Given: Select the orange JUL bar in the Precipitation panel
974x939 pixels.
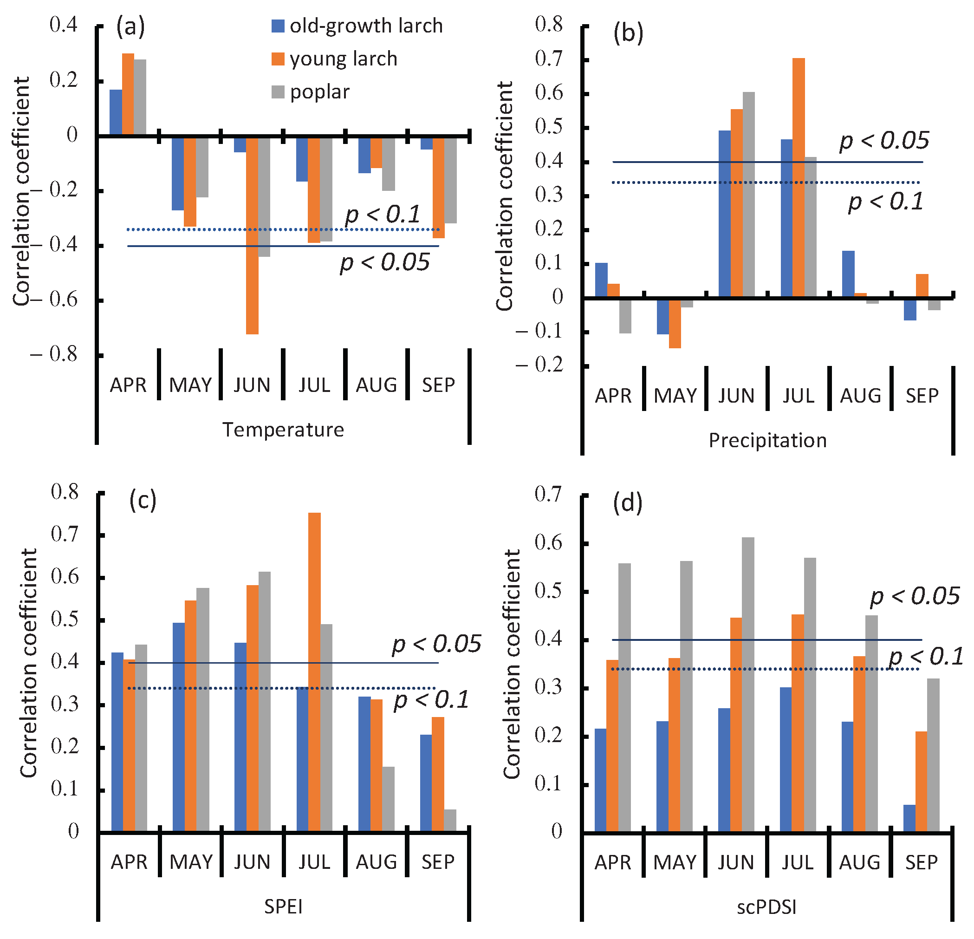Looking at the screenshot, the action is pos(799,177).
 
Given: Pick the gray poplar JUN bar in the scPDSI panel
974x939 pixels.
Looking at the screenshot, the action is pos(748,685).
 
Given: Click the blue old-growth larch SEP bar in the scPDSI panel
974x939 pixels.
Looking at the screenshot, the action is pos(909,818).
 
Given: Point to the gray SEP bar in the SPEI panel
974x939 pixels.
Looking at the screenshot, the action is pos(450,820).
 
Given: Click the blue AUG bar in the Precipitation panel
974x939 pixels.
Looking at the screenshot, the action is pos(848,274).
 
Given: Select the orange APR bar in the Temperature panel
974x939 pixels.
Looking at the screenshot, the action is pos(128,93).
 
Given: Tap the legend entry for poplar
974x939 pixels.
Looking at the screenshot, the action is pos(311,92).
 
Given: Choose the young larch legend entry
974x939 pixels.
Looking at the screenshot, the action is pos(334,59).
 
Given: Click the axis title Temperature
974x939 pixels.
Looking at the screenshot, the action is pos(283,430).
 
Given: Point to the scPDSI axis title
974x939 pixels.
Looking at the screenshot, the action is pos(767,907).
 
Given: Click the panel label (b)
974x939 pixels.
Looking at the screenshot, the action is pos(628,33).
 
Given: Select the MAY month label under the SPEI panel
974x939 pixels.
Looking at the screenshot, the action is pos(191,862).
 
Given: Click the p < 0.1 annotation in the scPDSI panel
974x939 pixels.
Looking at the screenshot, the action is pos(926,657).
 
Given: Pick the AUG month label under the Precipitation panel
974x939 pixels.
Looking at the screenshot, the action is pos(861,396).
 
